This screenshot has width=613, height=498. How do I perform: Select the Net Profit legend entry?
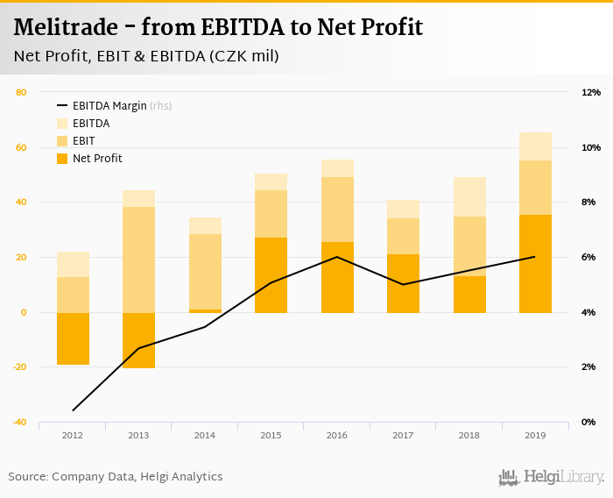(x=97, y=159)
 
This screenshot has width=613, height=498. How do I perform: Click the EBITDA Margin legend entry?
(x=109, y=106)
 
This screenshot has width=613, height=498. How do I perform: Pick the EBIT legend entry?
(x=84, y=141)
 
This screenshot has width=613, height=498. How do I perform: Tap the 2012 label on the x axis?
(x=73, y=436)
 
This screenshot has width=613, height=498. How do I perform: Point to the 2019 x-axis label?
(x=535, y=436)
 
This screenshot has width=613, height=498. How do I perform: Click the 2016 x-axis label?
(x=337, y=436)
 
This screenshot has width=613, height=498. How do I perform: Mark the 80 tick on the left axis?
(x=21, y=92)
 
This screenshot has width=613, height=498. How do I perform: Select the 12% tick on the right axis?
(x=590, y=92)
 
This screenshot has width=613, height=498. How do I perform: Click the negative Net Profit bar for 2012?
(x=74, y=338)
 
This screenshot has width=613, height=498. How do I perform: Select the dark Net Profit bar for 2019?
(x=535, y=263)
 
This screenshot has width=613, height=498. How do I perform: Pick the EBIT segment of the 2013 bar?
(x=139, y=260)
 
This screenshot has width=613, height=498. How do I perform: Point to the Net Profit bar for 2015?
(x=271, y=274)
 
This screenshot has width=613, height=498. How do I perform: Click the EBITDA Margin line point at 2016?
(x=337, y=257)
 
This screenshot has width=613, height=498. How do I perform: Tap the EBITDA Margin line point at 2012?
(x=74, y=409)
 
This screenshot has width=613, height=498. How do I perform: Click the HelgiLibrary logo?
(x=552, y=477)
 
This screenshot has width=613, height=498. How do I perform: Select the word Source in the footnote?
(x=28, y=476)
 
